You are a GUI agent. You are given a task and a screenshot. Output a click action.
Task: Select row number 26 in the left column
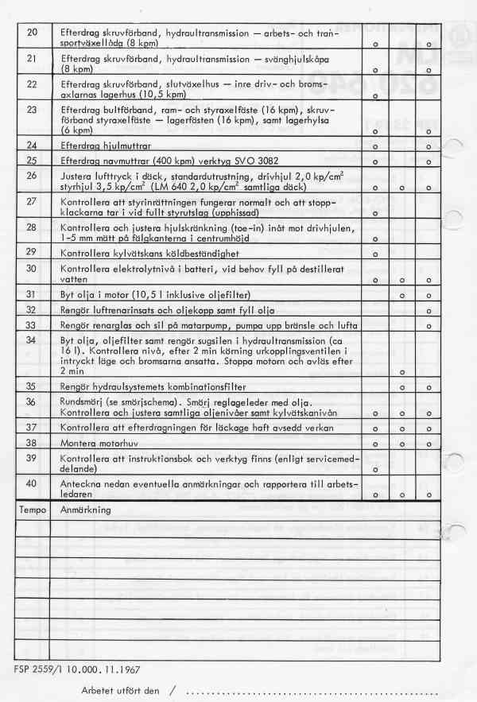(x=32, y=175)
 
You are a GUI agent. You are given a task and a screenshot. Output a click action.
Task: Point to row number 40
(x=32, y=484)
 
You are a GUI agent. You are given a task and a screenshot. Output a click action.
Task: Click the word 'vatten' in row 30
(x=74, y=279)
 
